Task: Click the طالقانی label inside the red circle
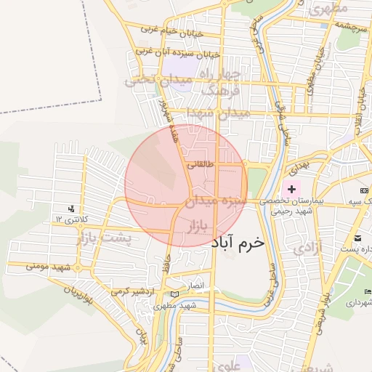point(201,164)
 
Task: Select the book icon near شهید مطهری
point(173,294)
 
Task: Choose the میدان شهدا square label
point(217,113)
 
